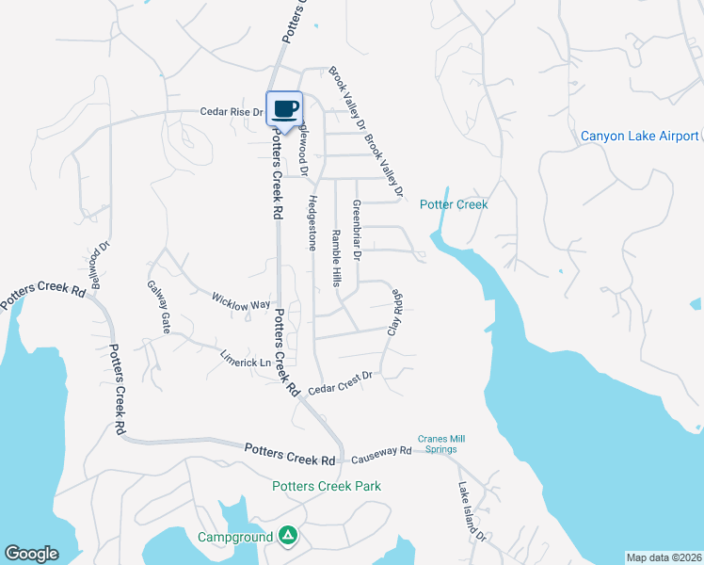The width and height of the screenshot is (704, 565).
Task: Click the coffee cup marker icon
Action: point(285,108)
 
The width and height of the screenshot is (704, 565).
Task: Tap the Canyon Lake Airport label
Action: point(639,137)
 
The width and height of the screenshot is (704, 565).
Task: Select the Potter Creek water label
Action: point(454,204)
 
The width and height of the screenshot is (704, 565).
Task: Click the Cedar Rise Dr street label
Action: point(231,111)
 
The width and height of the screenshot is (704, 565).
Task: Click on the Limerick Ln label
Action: point(245,359)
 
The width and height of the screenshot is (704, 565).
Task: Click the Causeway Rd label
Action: point(381,453)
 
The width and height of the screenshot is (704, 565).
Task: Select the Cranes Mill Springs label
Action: point(442,444)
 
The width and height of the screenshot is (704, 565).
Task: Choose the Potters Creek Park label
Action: point(327,486)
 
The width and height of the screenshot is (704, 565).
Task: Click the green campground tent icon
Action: point(289,536)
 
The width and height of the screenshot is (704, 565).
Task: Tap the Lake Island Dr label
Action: point(471,512)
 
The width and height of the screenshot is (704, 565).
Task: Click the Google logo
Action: point(31,554)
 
